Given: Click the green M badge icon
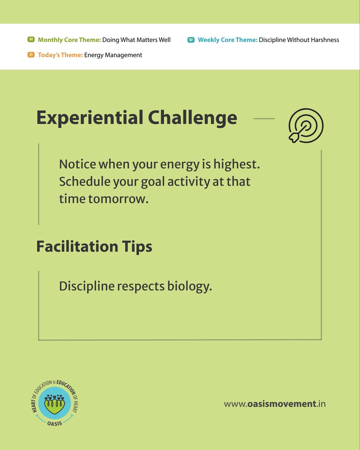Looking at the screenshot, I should [31, 39].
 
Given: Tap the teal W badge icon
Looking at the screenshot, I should [191, 39].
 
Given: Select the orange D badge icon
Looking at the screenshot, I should [31, 55].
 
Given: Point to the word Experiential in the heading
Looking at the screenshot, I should [88, 118].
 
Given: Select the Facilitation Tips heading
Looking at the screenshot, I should [94, 246].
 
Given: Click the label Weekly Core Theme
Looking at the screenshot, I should [228, 40].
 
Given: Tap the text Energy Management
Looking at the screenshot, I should [113, 55].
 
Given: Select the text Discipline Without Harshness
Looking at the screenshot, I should [299, 40].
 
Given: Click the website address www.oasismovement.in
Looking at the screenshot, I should [274, 404].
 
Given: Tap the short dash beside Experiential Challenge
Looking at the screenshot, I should [264, 118].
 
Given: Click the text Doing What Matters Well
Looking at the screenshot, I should [136, 40].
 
